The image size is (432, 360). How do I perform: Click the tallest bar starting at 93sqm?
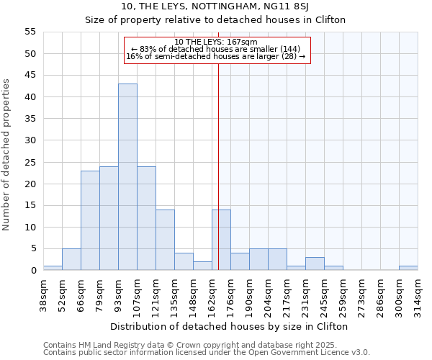pos(127,177)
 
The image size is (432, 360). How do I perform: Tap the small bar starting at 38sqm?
pos(53,268)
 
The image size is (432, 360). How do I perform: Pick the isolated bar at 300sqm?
pos(408,268)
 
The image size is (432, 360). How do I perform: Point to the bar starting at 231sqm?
pos(315,264)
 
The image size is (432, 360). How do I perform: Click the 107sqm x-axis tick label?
pos(137,294)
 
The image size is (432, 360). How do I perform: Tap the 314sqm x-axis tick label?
pos(418,294)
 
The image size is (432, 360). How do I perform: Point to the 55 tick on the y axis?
pos(30,32)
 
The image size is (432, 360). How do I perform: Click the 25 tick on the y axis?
pos(30,162)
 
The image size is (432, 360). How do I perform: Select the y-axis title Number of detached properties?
pos(8,155)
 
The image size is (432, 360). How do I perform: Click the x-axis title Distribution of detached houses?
pos(230,326)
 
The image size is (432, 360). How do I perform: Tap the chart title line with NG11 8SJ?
pos(216,6)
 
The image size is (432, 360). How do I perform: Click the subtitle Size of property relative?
pos(216,20)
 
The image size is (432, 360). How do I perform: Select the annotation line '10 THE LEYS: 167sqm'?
pos(216,42)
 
